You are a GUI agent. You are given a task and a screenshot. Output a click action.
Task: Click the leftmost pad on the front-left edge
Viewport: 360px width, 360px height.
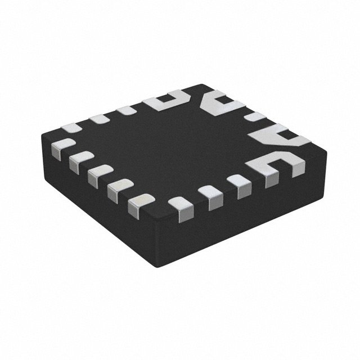click(x=59, y=150)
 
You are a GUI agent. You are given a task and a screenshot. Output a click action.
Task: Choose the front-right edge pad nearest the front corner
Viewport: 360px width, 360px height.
click(x=181, y=208)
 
